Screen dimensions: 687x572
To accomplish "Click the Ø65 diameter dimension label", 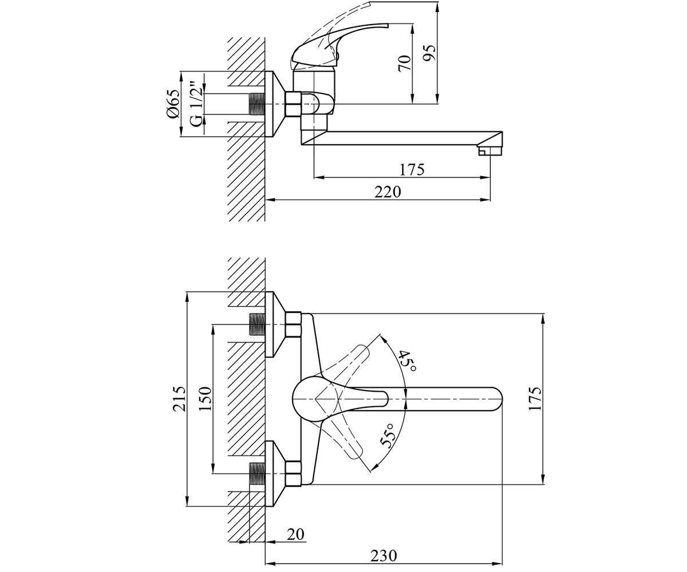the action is [x=173, y=104].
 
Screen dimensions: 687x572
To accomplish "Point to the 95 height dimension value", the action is [x=429, y=53].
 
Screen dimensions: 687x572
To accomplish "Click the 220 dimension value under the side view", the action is [x=388, y=192].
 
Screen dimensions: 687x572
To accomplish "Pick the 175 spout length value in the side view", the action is [x=412, y=170].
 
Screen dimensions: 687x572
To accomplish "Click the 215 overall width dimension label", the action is [x=180, y=399].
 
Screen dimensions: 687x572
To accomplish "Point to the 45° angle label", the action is [x=407, y=360].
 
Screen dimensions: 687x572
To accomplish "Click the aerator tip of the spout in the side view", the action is [x=490, y=151].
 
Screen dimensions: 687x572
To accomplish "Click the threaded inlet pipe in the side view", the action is [x=258, y=104].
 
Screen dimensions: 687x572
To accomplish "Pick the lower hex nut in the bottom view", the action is [x=293, y=474].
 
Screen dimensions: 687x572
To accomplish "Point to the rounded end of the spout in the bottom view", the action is [x=497, y=399].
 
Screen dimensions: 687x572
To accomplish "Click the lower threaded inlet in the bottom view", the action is [x=258, y=474].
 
